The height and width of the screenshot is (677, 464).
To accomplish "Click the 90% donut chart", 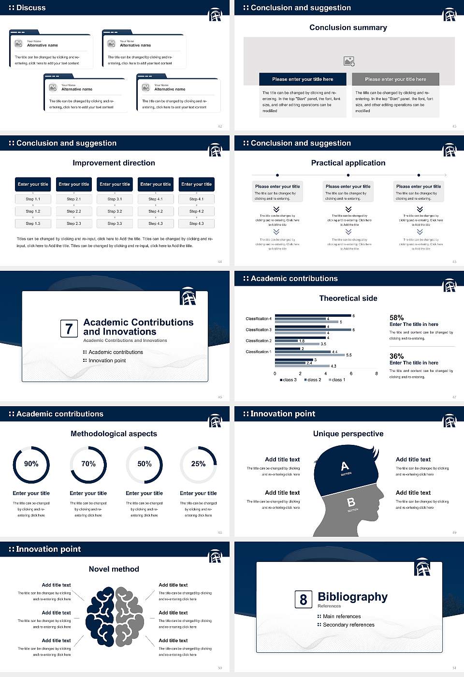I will [x=31, y=465].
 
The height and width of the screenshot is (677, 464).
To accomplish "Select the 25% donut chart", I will [x=198, y=465].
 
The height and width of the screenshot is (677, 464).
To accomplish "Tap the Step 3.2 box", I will [x=115, y=211].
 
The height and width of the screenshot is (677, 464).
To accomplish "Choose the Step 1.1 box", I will [x=33, y=199].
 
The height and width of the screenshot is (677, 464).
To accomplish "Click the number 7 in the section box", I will [x=69, y=329].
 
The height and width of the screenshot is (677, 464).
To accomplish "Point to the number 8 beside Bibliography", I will [x=303, y=600].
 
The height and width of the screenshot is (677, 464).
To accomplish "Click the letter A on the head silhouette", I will [x=345, y=467].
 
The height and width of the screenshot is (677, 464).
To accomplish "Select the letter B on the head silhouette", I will [x=351, y=503].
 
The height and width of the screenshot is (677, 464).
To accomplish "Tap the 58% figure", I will [x=396, y=318].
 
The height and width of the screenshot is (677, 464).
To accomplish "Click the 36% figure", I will [x=396, y=356].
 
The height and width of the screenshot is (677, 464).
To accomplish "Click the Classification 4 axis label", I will [x=259, y=319].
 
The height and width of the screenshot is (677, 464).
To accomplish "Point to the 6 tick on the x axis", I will [x=351, y=373].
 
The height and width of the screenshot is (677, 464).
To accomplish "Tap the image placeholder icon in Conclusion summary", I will [x=349, y=61].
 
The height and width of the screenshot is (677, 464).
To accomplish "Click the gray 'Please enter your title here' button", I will [x=395, y=79].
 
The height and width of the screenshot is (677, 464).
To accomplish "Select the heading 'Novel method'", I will [x=114, y=569].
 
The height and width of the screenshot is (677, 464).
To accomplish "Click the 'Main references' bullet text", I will [x=342, y=617].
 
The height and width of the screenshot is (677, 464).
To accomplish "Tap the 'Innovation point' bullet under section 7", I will [x=107, y=361].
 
